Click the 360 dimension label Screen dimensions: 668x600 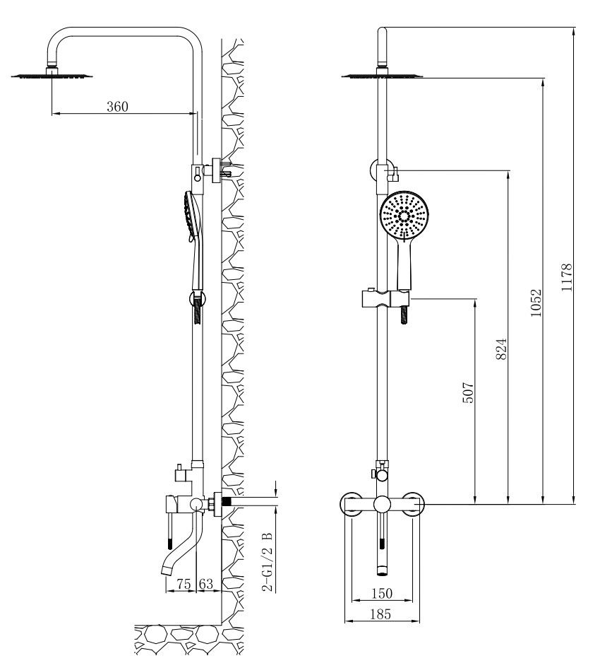tap(117, 107)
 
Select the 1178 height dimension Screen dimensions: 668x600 tap(567, 279)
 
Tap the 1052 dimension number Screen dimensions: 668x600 tap(536, 303)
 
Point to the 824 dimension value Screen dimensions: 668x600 tap(502, 348)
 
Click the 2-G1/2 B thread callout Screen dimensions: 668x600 tap(266, 558)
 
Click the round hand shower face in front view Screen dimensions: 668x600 tap(404, 215)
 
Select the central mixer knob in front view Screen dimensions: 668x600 tap(383, 504)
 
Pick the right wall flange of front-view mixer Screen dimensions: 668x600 tap(414, 505)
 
